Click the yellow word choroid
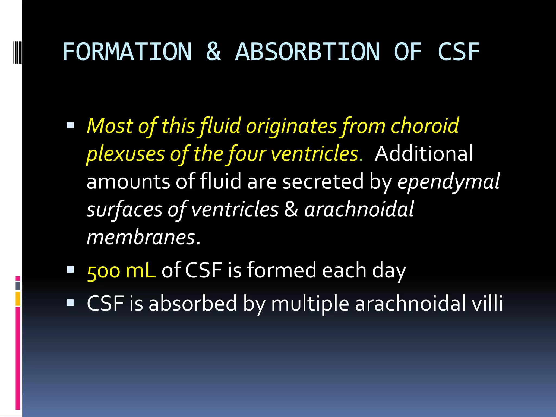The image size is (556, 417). tap(425, 126)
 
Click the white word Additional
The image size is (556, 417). tap(424, 154)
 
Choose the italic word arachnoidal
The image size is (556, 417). tap(359, 209)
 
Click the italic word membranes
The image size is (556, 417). tap(141, 237)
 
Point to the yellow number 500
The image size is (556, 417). tap(103, 271)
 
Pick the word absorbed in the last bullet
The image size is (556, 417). tap(193, 303)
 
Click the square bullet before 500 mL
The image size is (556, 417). tap(71, 269)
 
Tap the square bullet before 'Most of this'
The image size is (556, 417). tap(71, 125)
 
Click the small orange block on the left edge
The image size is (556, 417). tap(18, 299)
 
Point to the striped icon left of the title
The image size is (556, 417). tap(17, 51)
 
